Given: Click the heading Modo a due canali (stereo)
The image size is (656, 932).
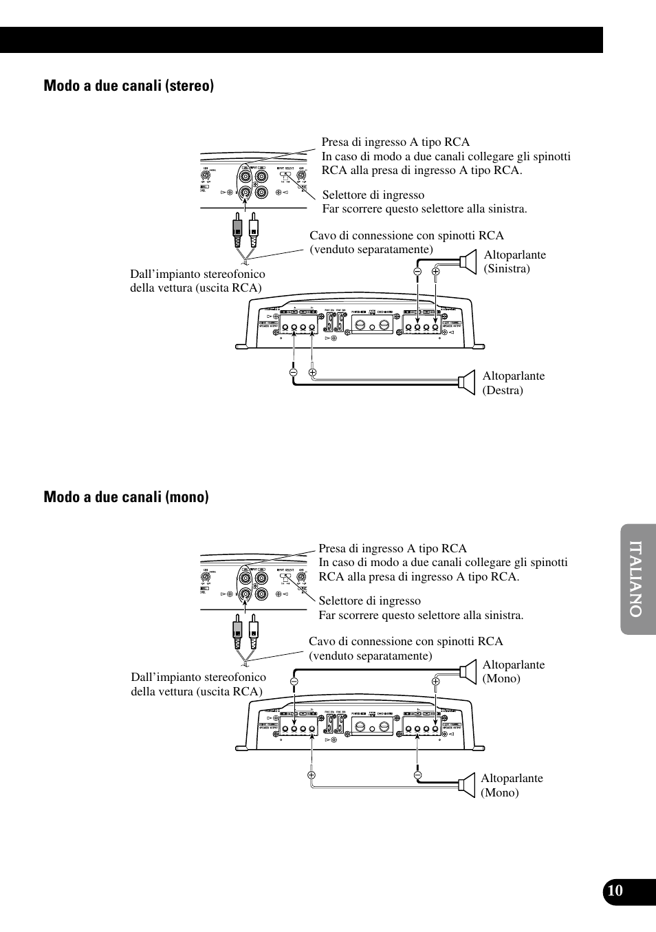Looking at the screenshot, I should coord(129,85).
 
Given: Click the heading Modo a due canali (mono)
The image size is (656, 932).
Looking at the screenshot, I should coord(126,497).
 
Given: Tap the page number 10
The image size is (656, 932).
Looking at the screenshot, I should coord(615,891).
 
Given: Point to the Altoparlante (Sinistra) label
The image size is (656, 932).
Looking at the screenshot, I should coord(514,261).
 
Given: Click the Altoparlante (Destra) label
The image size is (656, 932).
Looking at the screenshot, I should coord(513,383).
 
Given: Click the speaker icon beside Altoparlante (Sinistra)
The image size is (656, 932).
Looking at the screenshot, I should coord(468,261).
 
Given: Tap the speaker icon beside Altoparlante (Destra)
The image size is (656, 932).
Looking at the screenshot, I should coord(468,382).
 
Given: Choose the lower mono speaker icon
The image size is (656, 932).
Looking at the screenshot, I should coord(468,785).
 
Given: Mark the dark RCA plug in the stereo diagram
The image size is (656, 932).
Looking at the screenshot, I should coord(237,230).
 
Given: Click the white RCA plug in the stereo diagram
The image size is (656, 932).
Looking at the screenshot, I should coord(254,230).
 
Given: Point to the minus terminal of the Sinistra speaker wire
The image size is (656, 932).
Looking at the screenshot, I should coord(417,272).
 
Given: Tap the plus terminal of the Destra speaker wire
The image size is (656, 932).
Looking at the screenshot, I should coord(312,373).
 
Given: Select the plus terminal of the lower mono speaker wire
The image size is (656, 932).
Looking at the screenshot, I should coord(311,775).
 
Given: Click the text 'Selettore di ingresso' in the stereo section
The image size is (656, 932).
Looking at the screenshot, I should coord(373,195).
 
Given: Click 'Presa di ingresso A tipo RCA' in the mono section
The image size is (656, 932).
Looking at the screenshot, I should coord(392,548).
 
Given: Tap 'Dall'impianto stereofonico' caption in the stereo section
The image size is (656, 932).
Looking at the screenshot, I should coord(197,274).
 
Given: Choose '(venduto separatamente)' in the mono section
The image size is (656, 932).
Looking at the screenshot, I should coord(370,655).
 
